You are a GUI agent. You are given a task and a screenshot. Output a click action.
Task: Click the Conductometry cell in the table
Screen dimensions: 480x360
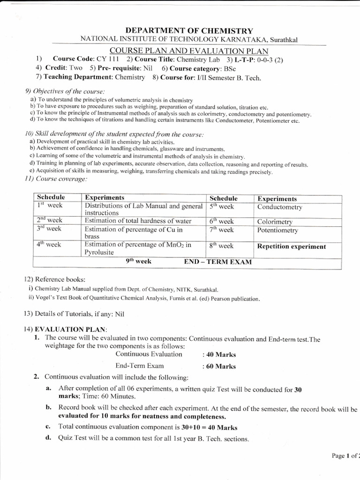[280, 207]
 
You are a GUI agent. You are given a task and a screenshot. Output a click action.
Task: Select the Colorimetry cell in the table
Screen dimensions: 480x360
[275, 222]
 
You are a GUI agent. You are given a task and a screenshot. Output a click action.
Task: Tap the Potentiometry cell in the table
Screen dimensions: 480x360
[277, 231]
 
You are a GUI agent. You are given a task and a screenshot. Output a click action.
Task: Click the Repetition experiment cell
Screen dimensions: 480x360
[292, 247]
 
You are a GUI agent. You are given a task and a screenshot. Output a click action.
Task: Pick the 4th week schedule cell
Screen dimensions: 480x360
[49, 244]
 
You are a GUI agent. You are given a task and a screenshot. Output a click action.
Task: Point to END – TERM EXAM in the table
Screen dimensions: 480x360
[218, 262]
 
